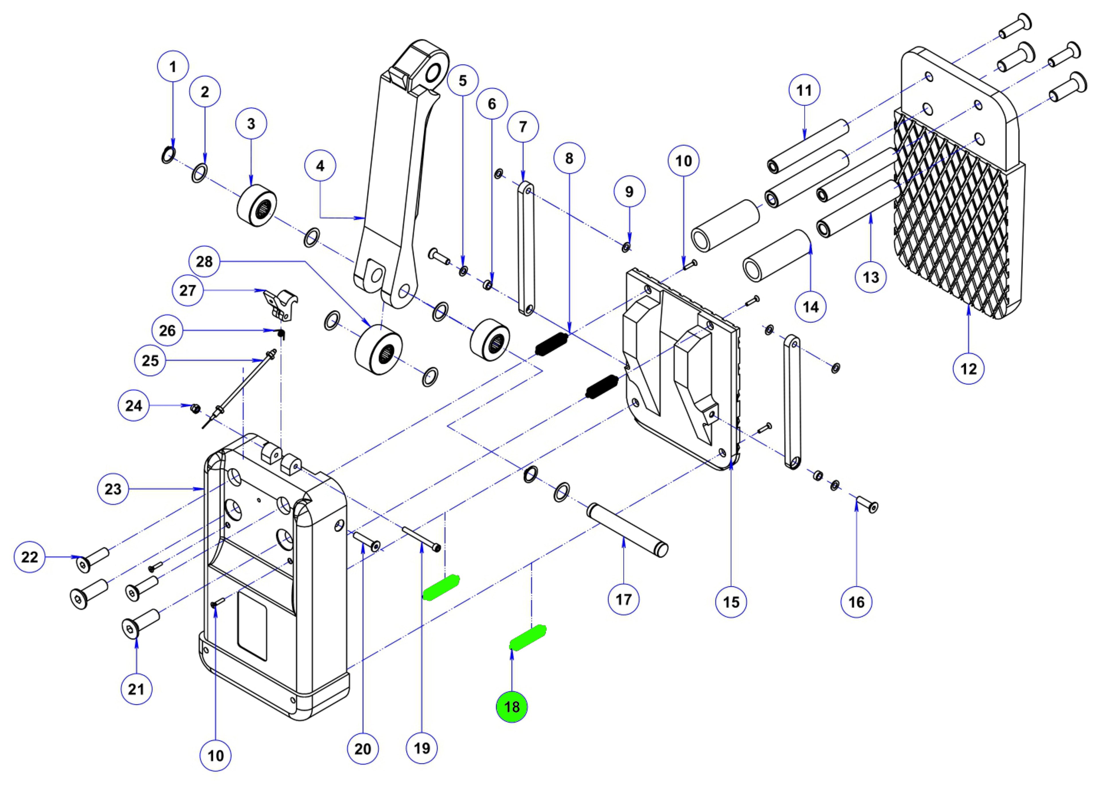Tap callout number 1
(x=173, y=67)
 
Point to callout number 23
(x=113, y=489)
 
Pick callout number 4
(x=320, y=166)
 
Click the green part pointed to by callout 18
(x=528, y=638)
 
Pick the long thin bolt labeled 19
(x=420, y=537)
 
